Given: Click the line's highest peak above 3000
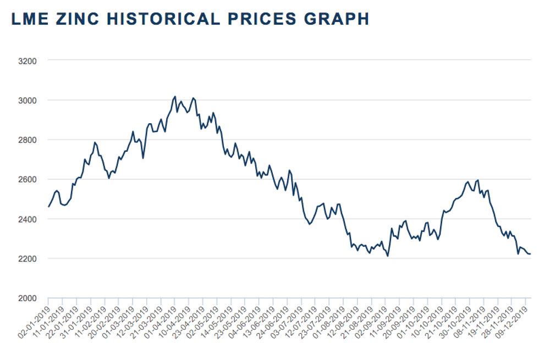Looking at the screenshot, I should (175, 97).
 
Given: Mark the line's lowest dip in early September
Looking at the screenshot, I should (387, 256).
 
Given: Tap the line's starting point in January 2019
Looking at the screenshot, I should (48, 207).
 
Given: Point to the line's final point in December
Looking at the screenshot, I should (530, 254).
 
